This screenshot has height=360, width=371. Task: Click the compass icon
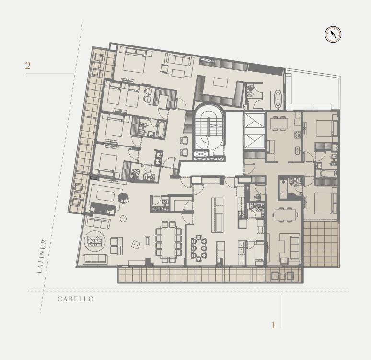[x=333, y=34]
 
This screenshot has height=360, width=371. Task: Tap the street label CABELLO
[x=76, y=299]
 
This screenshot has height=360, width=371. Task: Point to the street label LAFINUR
[x=42, y=256]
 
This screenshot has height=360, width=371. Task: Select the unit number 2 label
[x=28, y=66]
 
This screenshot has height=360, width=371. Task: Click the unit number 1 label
[x=273, y=325]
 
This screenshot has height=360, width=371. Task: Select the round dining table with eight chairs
[x=199, y=248]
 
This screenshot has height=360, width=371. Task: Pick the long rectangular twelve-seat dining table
[x=168, y=242]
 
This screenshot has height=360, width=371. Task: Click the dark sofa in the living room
[x=103, y=209]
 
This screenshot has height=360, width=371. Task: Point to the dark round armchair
[x=123, y=198]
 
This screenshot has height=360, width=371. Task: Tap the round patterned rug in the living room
[x=94, y=241]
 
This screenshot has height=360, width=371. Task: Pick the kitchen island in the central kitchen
[x=217, y=215]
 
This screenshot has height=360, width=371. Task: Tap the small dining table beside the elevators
[x=279, y=124]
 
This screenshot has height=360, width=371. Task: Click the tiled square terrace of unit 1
[x=321, y=244]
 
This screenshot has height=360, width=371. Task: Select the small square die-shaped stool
[x=136, y=245]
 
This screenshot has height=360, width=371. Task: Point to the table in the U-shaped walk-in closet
[x=220, y=82]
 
